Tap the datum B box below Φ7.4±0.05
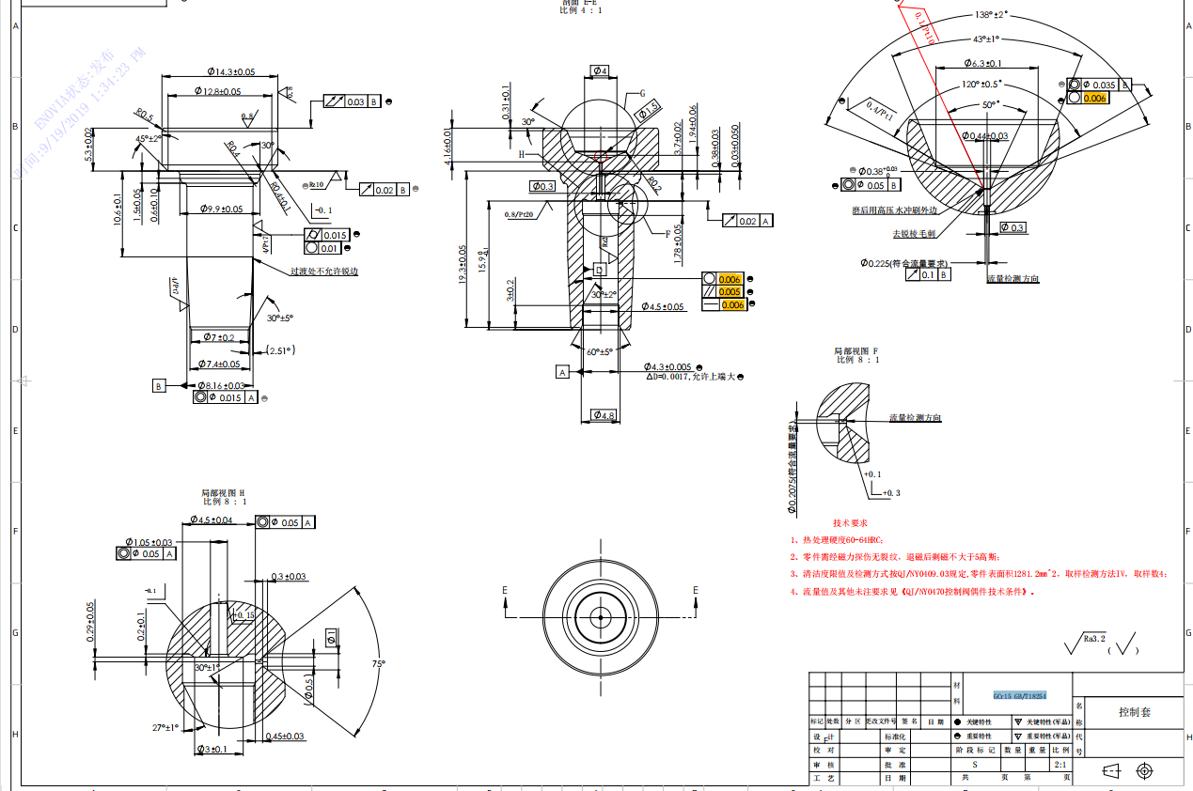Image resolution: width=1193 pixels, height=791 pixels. (x=159, y=385)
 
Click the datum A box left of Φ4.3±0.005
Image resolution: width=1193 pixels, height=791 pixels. (x=563, y=372)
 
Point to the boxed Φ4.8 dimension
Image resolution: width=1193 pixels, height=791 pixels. (x=602, y=415)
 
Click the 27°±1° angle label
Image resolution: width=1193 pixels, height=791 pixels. (x=165, y=726)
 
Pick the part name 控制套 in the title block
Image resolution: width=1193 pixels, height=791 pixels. (x=1134, y=712)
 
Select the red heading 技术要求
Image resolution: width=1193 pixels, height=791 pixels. (x=850, y=522)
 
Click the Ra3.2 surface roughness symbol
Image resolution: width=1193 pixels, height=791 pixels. (x=1086, y=642)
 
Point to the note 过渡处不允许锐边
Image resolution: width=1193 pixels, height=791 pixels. (x=323, y=271)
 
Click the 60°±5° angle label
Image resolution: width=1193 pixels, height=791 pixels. (x=599, y=351)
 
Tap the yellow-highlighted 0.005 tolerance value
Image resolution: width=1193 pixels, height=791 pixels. (x=730, y=292)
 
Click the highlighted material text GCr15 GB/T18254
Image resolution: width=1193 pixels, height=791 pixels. (x=1020, y=696)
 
